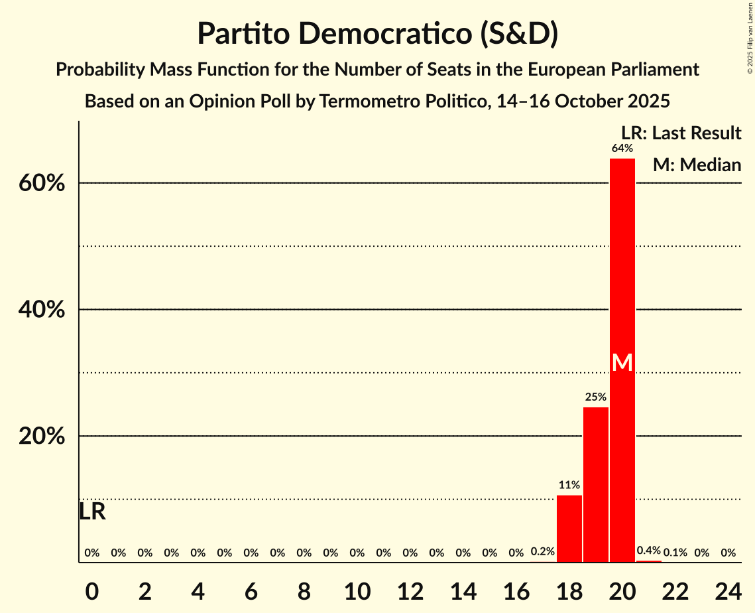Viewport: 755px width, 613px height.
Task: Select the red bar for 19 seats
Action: [x=595, y=484]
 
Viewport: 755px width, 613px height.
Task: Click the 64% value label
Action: [x=622, y=149]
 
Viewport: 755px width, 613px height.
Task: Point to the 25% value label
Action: [x=595, y=397]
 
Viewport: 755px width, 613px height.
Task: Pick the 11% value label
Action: [x=569, y=486]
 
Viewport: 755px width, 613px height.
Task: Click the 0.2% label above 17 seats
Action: [x=542, y=552]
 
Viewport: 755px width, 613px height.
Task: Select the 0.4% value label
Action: [x=649, y=551]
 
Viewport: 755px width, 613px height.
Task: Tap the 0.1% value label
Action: [x=675, y=553]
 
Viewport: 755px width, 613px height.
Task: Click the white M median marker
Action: [x=622, y=362]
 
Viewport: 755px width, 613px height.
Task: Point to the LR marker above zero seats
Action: [x=92, y=512]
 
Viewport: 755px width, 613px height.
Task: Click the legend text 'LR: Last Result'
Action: [x=681, y=133]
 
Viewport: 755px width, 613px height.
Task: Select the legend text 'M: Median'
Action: [x=696, y=165]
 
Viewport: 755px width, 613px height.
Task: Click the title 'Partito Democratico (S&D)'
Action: [x=377, y=34]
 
